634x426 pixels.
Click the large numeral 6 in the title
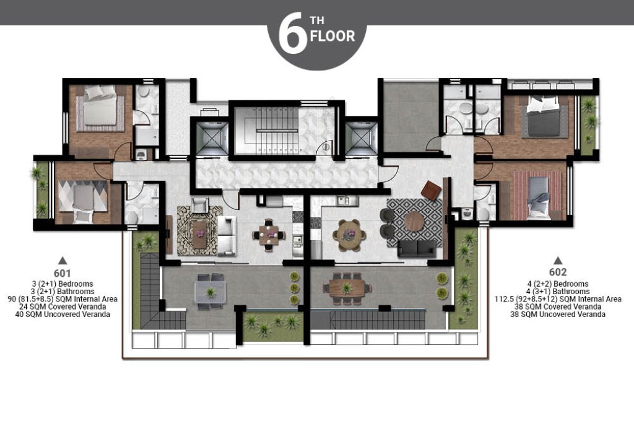point(291,33)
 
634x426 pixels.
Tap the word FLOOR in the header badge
point(332,36)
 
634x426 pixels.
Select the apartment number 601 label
point(63,273)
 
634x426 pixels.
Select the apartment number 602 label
point(558,272)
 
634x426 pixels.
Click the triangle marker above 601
point(63,261)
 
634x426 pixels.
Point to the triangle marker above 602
point(558,260)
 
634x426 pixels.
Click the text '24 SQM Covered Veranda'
point(63,306)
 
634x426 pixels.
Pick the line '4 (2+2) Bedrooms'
point(558,284)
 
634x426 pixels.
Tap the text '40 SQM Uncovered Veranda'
point(63,315)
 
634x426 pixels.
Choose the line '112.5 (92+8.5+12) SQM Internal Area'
point(558,299)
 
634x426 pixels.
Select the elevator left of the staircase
point(212,138)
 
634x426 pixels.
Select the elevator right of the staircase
point(361,138)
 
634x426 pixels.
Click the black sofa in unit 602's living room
point(417,248)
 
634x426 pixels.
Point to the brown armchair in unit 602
point(432,190)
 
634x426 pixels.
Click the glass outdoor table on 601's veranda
point(211,291)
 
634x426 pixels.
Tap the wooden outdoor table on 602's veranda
point(347,288)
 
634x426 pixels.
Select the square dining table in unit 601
point(269,235)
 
